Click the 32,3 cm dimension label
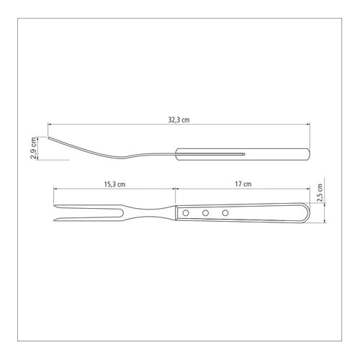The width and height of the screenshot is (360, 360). [179, 120]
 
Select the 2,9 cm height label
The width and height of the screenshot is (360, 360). [34, 148]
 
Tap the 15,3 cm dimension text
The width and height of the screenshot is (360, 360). [114, 184]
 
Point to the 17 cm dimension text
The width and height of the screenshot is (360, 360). [243, 184]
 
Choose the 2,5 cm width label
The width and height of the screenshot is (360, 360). [320, 193]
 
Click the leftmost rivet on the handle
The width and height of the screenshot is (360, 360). [186, 212]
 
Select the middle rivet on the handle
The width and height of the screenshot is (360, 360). [205, 212]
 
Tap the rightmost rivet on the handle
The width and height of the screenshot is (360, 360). [225, 212]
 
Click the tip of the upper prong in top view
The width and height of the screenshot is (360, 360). [54, 206]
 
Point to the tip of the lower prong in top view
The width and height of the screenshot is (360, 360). [54, 220]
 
